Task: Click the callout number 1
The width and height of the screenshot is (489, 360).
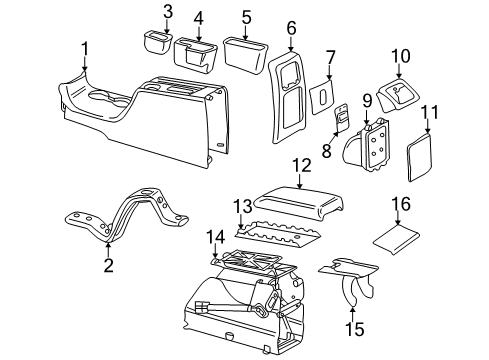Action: coord(85,49)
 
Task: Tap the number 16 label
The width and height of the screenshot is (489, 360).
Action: coord(401,204)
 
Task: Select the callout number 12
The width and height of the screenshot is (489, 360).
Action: coord(302,166)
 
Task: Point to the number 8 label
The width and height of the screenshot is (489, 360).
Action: coord(327,150)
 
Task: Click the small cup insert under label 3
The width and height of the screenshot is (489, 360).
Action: coord(157,42)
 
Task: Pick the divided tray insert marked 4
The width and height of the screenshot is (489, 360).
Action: coord(195,54)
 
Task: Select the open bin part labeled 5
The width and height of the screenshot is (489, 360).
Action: coord(245,55)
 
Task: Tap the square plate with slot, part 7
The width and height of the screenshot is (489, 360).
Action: coord(321,97)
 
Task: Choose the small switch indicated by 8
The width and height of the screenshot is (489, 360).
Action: coord(342,117)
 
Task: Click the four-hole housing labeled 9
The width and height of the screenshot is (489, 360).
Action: coord(367,146)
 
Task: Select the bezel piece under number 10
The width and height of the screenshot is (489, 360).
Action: coord(398,95)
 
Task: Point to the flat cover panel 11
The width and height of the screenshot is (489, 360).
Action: coord(420,157)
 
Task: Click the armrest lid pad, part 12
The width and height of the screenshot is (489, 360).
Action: coord(299,202)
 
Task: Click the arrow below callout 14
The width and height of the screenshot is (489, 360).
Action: coord(216,251)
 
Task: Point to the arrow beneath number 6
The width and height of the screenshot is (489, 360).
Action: coord(291,44)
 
